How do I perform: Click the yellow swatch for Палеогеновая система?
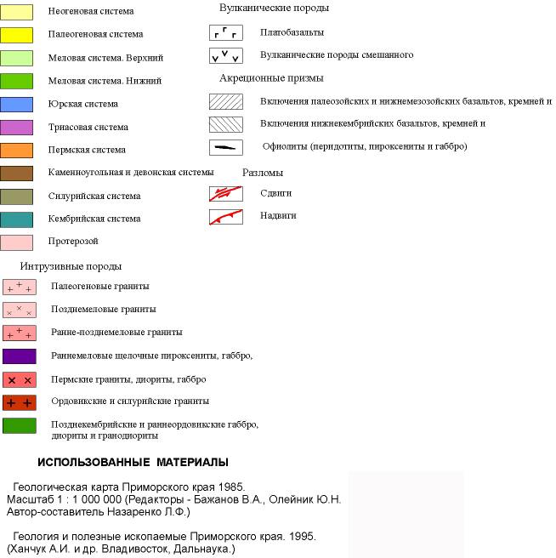pos(19,35)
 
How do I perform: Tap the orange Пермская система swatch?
pos(19,151)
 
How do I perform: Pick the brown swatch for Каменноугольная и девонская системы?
pos(19,174)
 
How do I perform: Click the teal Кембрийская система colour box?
pos(19,219)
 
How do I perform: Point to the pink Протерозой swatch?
pos(19,242)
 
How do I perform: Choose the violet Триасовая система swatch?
pos(19,128)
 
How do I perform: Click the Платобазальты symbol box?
pos(226,33)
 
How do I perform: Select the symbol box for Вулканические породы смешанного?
pos(226,55)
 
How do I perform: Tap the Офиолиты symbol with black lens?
pos(226,147)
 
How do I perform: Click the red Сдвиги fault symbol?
pos(226,193)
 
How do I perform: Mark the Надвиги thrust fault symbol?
pos(226,217)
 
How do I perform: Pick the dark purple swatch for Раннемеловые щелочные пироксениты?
pos(19,356)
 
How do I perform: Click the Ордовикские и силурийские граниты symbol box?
pos(19,402)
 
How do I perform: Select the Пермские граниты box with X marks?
pos(19,379)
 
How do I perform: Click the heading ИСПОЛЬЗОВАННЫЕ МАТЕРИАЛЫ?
pos(133,462)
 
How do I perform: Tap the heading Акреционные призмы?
pos(271,78)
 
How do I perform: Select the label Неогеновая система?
pos(91,12)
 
